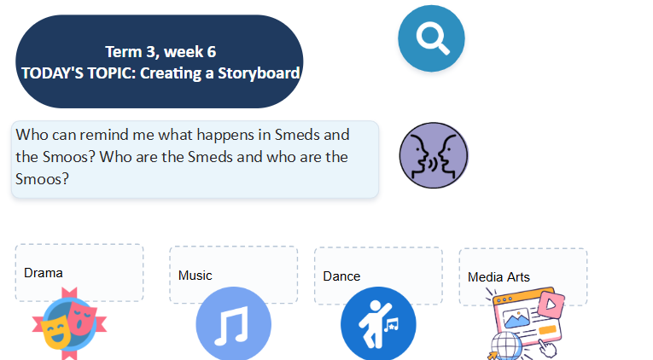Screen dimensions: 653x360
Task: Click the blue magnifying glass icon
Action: tap(431, 38)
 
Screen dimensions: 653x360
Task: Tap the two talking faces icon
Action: tap(434, 155)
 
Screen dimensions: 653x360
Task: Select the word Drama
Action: tap(44, 273)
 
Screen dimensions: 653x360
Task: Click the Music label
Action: tap(195, 276)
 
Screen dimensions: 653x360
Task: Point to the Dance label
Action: tap(341, 276)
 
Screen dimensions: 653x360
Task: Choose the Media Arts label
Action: tap(498, 277)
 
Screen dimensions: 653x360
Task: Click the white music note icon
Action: tap(231, 326)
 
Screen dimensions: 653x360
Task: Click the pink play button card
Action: tap(551, 305)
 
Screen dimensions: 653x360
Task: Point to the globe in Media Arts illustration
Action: tap(506, 345)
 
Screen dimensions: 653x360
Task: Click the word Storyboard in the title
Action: tap(259, 73)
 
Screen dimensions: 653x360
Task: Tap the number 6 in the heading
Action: tap(212, 52)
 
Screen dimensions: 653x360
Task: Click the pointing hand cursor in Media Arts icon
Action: tap(546, 347)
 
